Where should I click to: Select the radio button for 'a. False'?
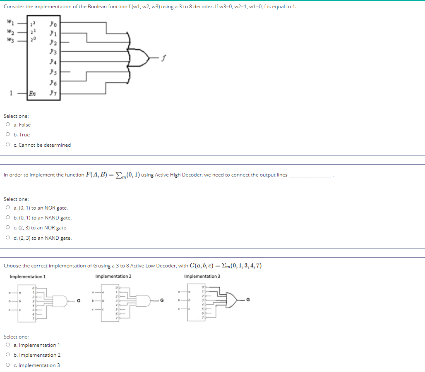[8, 125]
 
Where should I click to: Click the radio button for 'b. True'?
[8, 135]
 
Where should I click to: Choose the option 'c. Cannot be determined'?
[8, 145]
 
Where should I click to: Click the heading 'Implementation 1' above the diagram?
[28, 277]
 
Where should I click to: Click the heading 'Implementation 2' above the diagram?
[113, 277]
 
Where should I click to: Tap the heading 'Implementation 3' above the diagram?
[202, 277]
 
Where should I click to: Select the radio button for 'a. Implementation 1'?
[8, 345]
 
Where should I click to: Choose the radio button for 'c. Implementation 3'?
[8, 365]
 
